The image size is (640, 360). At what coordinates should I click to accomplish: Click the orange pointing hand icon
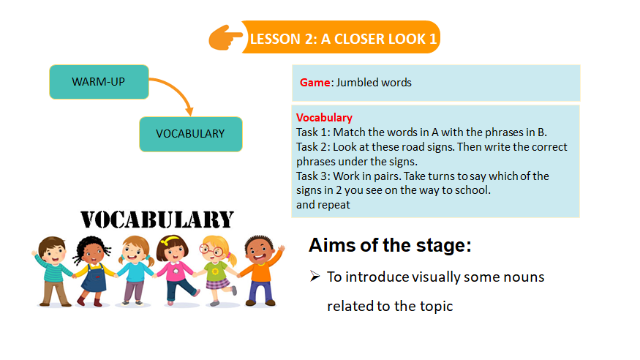(225, 37)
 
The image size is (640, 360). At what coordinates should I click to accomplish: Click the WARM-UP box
(99, 82)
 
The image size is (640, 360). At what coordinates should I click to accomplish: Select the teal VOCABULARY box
(191, 135)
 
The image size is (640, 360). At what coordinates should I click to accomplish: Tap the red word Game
(315, 83)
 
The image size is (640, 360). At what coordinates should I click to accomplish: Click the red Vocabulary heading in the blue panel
(324, 118)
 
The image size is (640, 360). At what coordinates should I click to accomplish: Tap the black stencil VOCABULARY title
(157, 220)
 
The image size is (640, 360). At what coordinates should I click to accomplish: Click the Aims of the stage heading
(390, 245)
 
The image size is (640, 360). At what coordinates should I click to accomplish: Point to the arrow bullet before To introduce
(315, 277)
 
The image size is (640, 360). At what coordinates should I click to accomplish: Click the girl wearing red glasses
(217, 270)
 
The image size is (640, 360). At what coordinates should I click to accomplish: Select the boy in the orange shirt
(260, 270)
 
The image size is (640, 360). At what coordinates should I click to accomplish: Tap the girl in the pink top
(176, 270)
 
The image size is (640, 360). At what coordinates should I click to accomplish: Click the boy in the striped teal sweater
(53, 271)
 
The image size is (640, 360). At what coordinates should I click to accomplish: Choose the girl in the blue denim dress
(94, 271)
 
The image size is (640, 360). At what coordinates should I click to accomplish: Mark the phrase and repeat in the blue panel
(323, 205)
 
